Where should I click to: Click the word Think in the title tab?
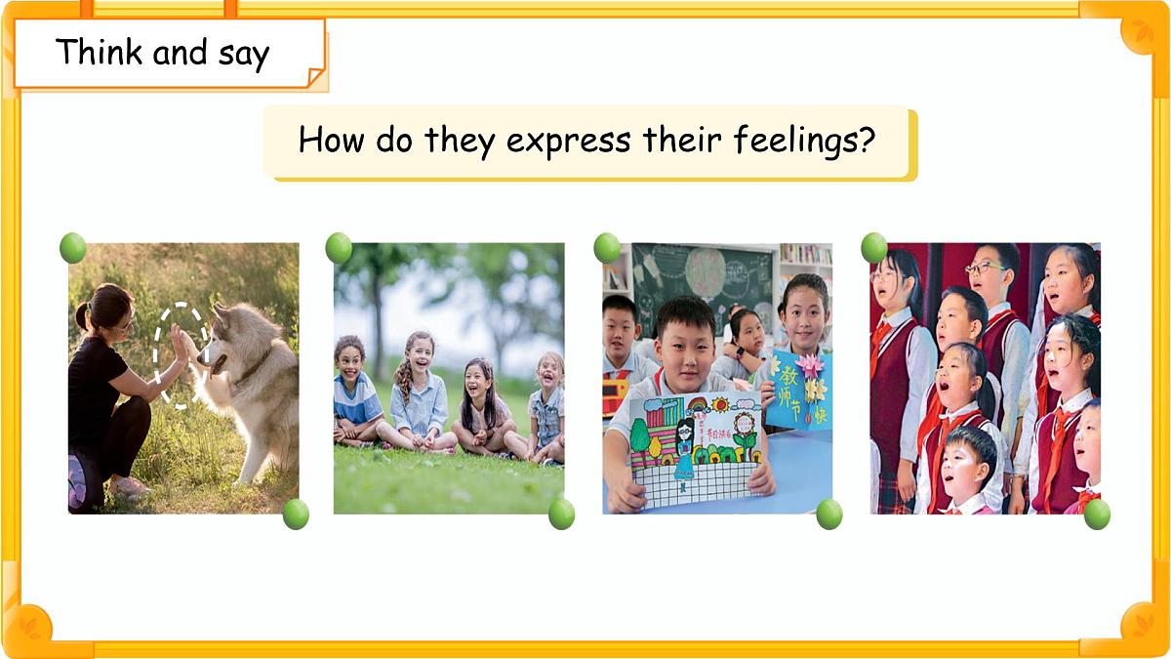(x=99, y=52)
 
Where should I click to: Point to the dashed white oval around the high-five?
(x=181, y=354)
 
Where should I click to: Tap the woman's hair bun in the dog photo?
(x=81, y=314)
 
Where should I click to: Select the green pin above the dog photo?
(x=73, y=248)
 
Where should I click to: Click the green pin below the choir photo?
(x=1097, y=514)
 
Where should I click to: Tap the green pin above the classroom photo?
(x=607, y=247)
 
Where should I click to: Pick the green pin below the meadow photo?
(x=561, y=514)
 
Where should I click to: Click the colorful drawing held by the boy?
(x=692, y=444)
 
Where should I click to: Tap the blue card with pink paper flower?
(x=799, y=390)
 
